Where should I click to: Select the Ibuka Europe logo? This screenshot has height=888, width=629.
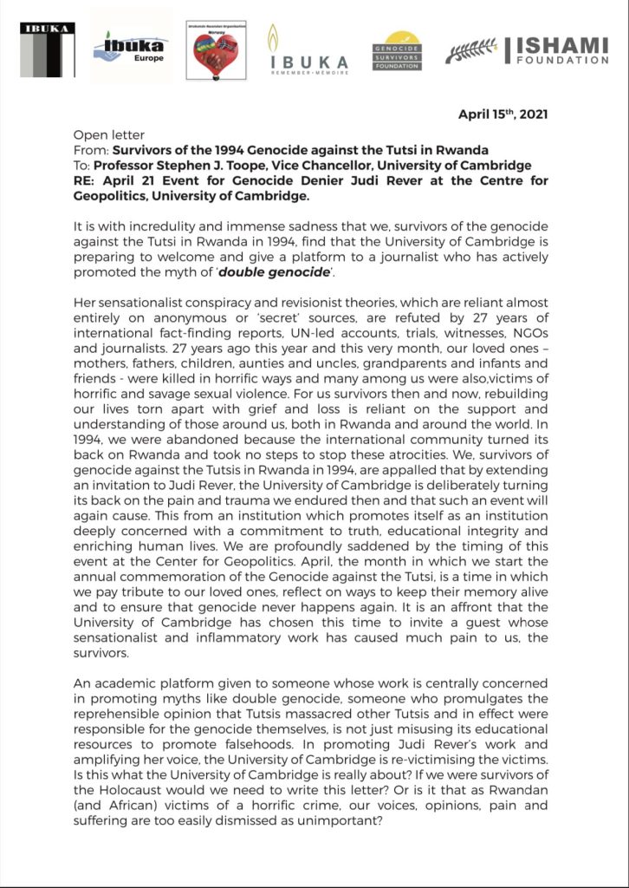131,48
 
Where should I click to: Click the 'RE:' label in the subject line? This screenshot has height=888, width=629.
86,180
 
